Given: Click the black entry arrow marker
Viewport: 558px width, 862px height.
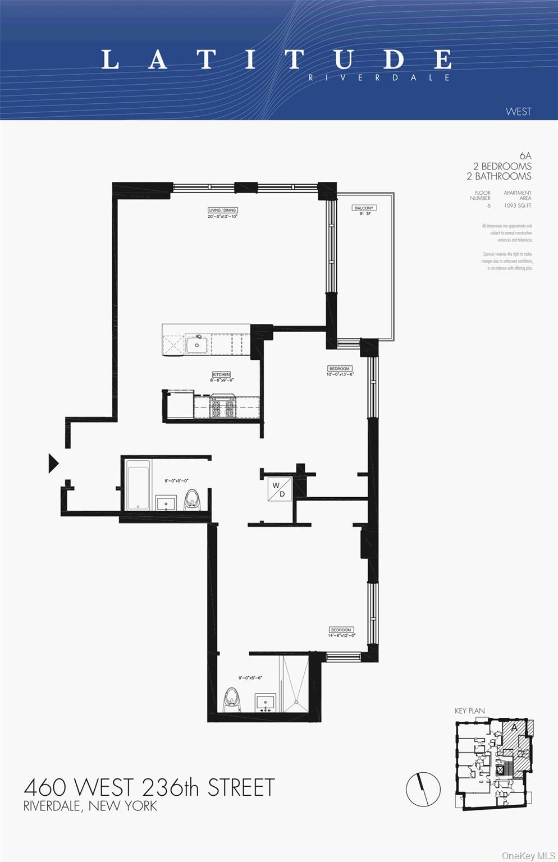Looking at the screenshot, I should [53, 463].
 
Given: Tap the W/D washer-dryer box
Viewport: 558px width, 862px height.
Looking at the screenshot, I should [280, 489].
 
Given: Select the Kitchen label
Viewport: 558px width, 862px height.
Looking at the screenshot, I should [221, 374].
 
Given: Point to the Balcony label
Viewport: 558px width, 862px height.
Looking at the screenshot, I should [364, 208].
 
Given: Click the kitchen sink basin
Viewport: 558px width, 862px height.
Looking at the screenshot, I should [197, 343].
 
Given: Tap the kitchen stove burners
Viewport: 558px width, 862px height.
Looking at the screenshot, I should [222, 408].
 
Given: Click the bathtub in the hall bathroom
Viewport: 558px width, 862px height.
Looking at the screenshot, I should [138, 485].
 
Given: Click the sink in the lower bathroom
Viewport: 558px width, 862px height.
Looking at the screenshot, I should [265, 703].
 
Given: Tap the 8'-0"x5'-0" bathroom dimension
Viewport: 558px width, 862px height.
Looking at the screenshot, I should [176, 480].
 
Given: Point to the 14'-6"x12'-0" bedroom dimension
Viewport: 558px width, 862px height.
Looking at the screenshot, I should [341, 635].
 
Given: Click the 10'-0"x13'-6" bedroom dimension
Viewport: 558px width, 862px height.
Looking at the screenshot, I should [340, 374].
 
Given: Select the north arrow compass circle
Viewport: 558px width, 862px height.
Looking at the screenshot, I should [423, 789].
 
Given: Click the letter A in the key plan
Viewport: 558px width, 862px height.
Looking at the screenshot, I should [514, 728].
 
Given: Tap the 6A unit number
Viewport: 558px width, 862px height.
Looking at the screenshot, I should [525, 155].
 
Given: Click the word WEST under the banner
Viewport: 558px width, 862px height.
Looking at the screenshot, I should [518, 111].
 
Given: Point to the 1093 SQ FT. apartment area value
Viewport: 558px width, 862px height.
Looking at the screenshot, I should [517, 205].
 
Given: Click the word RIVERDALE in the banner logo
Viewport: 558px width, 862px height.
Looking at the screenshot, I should [379, 77].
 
